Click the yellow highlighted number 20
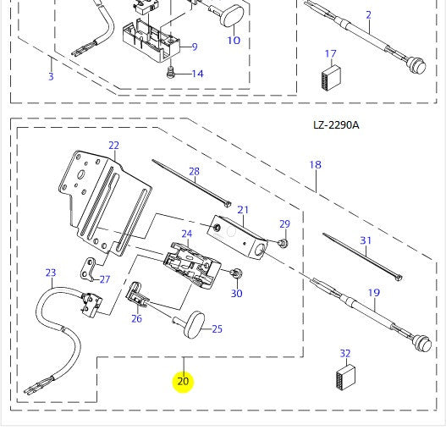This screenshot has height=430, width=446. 183,381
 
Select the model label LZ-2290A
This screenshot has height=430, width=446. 336,125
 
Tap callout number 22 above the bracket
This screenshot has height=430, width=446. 114,146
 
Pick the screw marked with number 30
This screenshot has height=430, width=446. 237,274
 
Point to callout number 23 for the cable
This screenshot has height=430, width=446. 51,273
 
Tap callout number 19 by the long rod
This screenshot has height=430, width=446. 373,294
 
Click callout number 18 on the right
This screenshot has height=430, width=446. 315,165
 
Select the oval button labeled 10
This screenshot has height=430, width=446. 229,16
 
